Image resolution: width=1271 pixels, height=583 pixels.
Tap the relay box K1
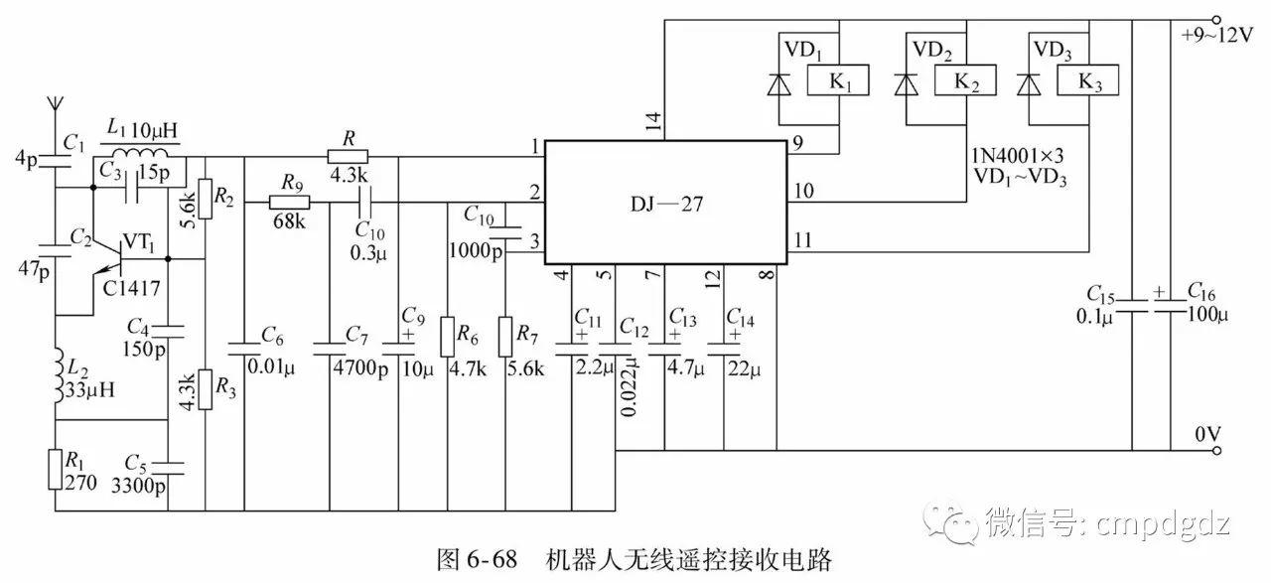pyautogui.click(x=841, y=81)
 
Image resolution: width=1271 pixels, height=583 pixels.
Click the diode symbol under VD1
pyautogui.click(x=779, y=85)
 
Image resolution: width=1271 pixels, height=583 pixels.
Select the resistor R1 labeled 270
pyautogui.click(x=55, y=468)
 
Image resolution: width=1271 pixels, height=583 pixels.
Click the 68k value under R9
pyautogui.click(x=289, y=220)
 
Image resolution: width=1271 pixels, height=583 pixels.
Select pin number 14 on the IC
pyautogui.click(x=652, y=122)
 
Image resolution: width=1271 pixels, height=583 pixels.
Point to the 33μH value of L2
pyautogui.click(x=91, y=388)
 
